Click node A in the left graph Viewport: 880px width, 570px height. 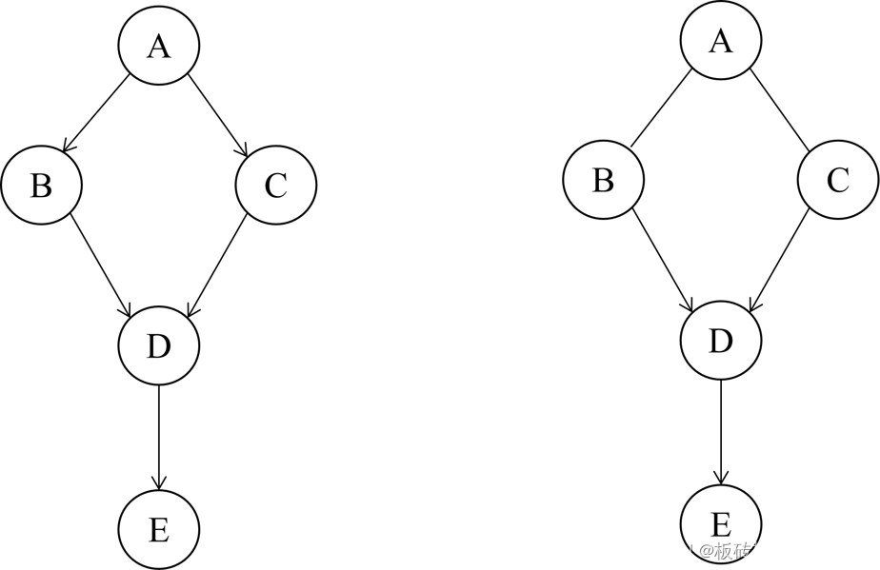tap(158, 45)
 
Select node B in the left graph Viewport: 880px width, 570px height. tap(41, 185)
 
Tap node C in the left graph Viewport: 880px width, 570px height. tap(275, 185)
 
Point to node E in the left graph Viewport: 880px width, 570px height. tap(158, 529)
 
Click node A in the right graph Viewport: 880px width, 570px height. tap(721, 40)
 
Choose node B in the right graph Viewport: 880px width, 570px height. tap(603, 179)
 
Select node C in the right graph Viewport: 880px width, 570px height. tap(838, 179)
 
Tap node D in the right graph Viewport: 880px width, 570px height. tap(721, 341)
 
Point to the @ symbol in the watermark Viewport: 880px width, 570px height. tap(705, 551)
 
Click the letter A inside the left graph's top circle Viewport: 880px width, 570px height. tap(158, 46)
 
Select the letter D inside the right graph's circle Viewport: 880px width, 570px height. tap(721, 341)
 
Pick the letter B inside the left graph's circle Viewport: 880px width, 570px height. tap(41, 186)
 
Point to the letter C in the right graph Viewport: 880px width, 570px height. tap(838, 180)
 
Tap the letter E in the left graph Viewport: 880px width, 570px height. tap(158, 530)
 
